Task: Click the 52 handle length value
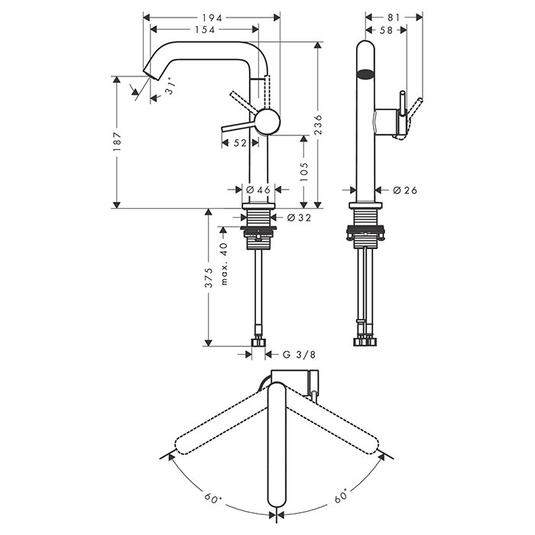pyautogui.click(x=239, y=142)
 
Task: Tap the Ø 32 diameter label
pyautogui.click(x=300, y=218)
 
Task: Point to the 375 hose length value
pyautogui.click(x=209, y=282)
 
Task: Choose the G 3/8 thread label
pyautogui.click(x=298, y=354)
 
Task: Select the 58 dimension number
pyautogui.click(x=385, y=30)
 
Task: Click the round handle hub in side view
pyautogui.click(x=266, y=121)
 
